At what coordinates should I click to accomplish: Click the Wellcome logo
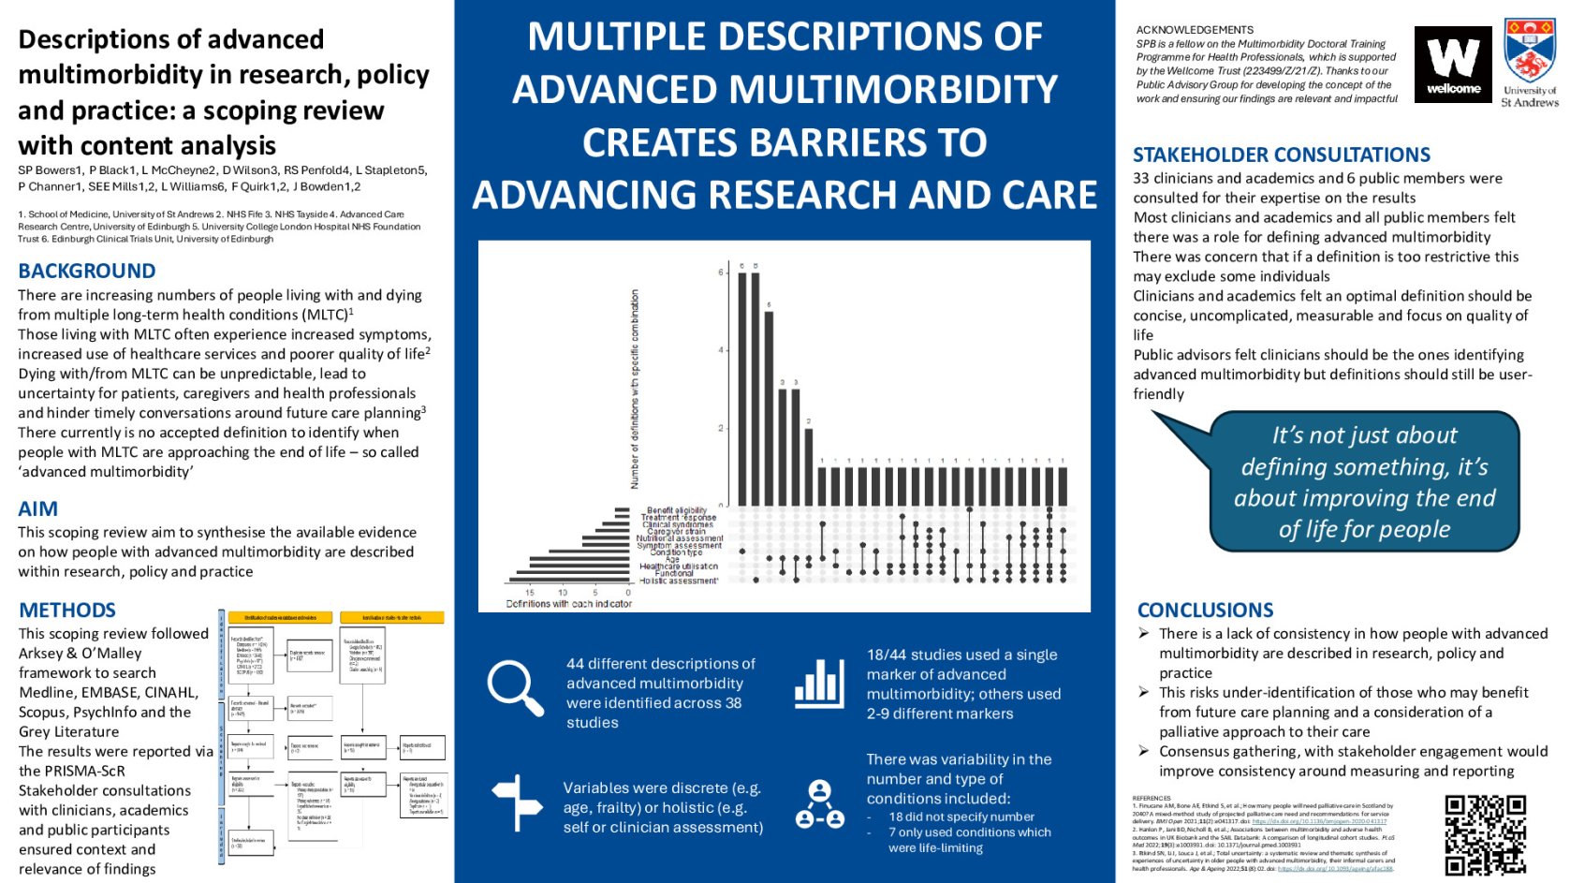[1452, 65]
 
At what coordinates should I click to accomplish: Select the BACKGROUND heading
[87, 271]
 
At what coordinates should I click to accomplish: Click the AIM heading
[38, 508]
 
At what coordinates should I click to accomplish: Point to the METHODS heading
[67, 610]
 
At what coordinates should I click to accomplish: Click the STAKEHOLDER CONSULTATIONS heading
[1281, 155]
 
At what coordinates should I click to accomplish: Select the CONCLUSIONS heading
[1205, 610]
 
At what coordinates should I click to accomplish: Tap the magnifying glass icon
[514, 687]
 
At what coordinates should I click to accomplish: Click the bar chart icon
[818, 683]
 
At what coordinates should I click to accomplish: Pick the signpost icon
[517, 802]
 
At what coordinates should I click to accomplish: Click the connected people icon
[819, 803]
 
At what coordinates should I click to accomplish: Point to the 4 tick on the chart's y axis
[722, 350]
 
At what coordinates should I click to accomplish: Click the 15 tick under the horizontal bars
[530, 593]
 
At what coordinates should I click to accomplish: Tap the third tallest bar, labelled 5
[769, 407]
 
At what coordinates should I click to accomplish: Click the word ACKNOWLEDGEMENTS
[1195, 30]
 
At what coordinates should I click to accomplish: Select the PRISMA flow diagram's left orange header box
[280, 617]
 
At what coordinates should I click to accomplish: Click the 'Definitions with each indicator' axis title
[568, 604]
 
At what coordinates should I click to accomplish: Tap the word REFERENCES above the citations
[1151, 798]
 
